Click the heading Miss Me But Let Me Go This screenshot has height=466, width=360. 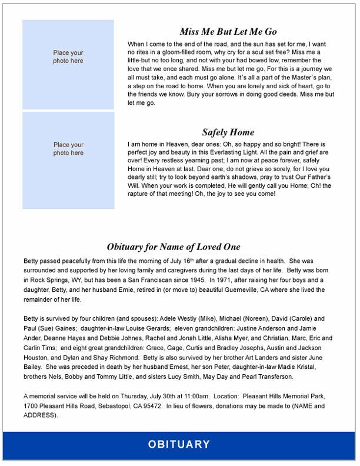click(228, 32)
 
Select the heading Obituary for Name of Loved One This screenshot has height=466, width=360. click(174, 247)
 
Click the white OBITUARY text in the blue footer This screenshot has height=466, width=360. click(179, 444)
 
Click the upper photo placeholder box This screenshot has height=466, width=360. click(68, 64)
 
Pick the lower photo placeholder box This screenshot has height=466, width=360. click(68, 161)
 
